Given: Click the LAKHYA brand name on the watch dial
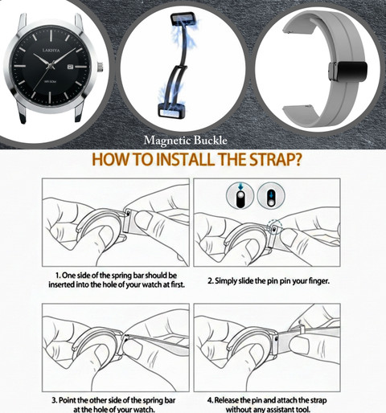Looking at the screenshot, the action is coord(51,51).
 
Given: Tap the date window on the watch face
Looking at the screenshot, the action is coord(70,66).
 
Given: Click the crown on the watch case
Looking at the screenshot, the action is coord(100,67).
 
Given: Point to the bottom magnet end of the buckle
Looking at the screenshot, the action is coord(170,110).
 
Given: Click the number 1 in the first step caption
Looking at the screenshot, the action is coord(58,276).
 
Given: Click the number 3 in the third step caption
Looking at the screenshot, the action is coord(54,401).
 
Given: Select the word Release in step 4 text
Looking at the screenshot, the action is coord(227,401).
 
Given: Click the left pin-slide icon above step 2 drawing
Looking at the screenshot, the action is coord(240,194).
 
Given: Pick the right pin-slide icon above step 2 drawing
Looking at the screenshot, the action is coord(271,194).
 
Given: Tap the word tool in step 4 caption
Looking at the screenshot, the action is coord(303,409).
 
